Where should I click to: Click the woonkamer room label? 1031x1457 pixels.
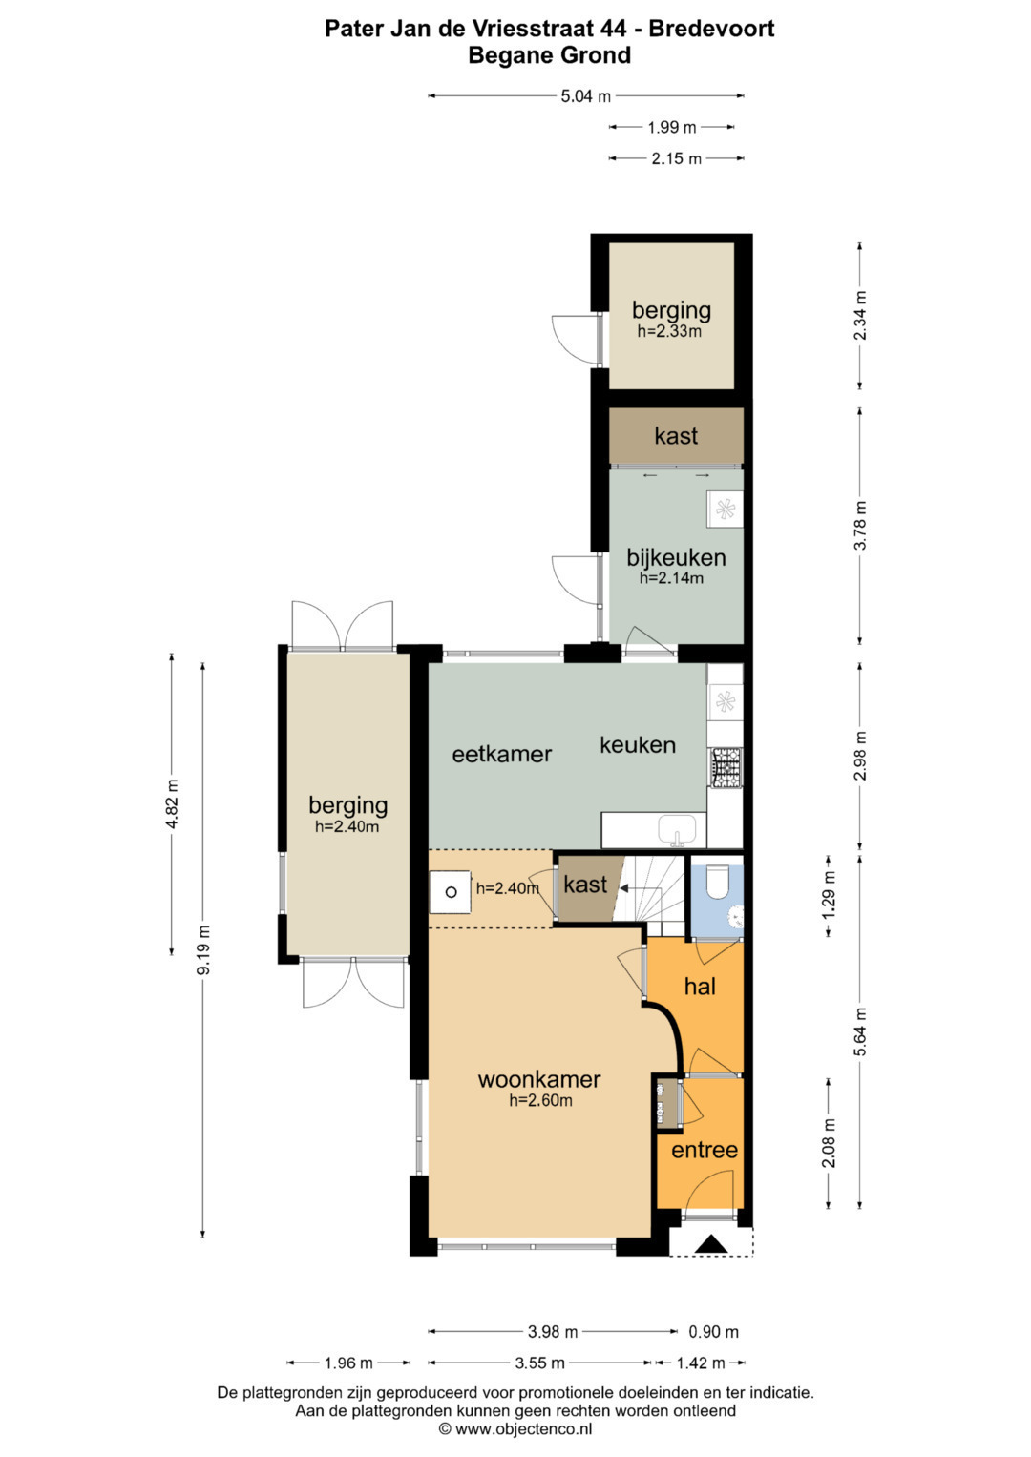pyautogui.click(x=539, y=1080)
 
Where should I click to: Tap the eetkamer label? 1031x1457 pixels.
pyautogui.click(x=502, y=755)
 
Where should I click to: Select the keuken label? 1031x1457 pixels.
pyautogui.click(x=638, y=745)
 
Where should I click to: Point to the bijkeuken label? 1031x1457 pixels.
pyautogui.click(x=676, y=557)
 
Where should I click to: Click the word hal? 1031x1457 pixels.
pyautogui.click(x=700, y=987)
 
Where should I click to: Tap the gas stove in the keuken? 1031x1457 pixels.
pyautogui.click(x=725, y=768)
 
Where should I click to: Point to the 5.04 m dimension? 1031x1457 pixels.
pyautogui.click(x=586, y=96)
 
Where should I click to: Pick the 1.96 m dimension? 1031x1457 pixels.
pyautogui.click(x=348, y=1363)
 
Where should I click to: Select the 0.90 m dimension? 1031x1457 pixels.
pyautogui.click(x=713, y=1331)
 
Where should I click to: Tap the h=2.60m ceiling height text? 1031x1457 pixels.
pyautogui.click(x=540, y=1100)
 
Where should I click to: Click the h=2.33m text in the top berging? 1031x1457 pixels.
pyautogui.click(x=669, y=331)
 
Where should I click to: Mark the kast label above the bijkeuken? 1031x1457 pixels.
pyautogui.click(x=676, y=436)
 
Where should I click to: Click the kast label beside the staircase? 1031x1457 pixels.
pyautogui.click(x=585, y=885)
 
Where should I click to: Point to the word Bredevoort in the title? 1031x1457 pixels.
pyautogui.click(x=711, y=29)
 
